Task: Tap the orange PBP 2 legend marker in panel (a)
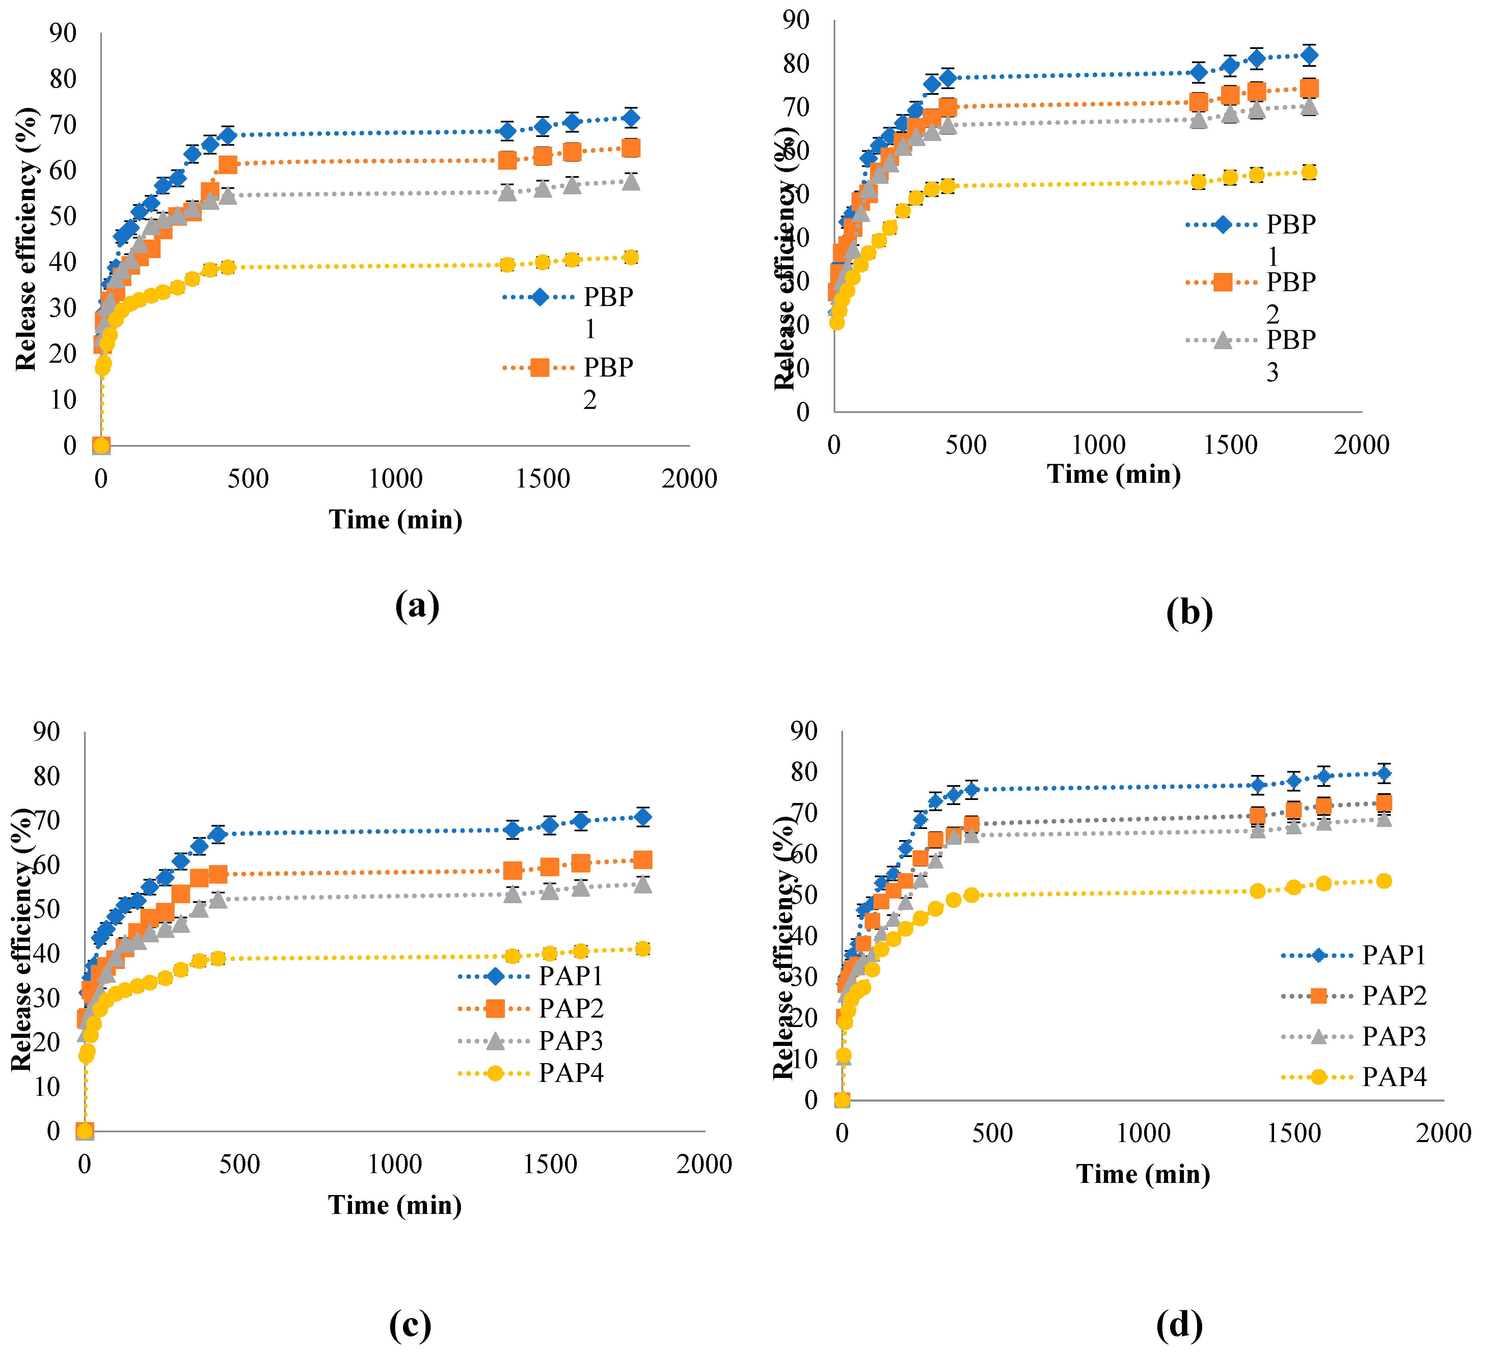pos(540,367)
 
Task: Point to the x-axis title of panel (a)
pos(396,520)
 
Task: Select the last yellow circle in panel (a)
pos(630,257)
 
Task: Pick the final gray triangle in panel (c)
pos(643,884)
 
